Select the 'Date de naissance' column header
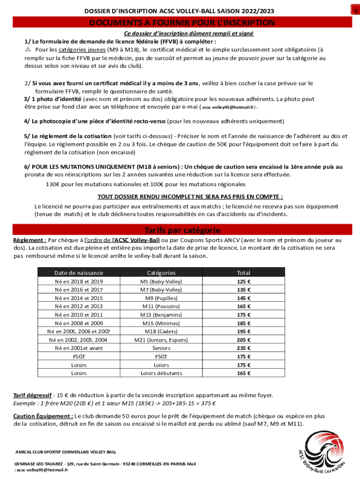pos(79,273)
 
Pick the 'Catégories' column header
pos(161,273)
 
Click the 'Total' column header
pos(244,273)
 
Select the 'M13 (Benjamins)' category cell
pos(161,315)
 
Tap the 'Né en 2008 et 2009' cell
pos(79,323)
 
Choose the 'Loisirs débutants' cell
pos(161,373)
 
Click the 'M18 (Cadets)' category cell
pos(161,331)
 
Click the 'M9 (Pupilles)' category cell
pos(161,298)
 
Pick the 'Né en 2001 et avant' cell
pos(79,348)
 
